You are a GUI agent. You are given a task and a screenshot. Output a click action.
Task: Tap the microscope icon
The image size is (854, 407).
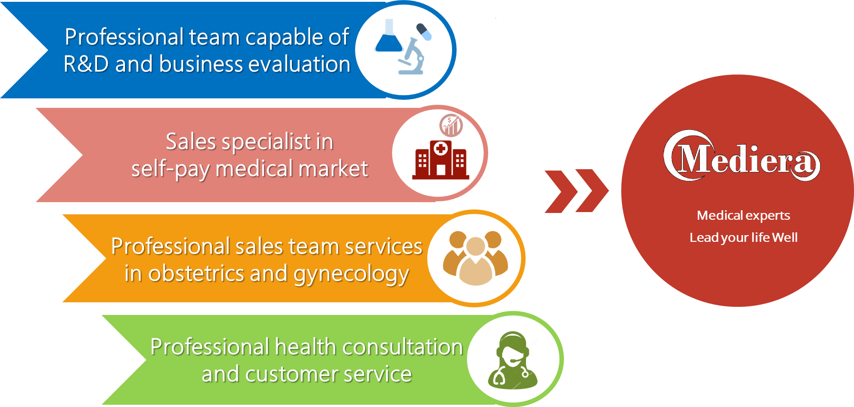(x=412, y=56)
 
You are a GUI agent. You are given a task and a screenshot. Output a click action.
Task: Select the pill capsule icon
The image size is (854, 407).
(x=424, y=32)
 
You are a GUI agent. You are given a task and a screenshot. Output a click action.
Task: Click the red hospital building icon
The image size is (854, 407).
(x=440, y=160)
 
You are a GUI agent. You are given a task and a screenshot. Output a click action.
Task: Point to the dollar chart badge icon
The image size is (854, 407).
(x=451, y=125)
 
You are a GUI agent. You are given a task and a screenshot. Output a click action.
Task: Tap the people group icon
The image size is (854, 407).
(x=475, y=258)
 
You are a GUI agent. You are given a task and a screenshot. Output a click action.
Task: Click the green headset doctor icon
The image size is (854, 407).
(x=513, y=361)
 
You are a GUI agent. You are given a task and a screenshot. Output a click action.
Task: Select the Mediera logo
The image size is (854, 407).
(x=742, y=156)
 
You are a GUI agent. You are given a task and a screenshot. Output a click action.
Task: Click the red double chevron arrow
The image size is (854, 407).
(x=577, y=191)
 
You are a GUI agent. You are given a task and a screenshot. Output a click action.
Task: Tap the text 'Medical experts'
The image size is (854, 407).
(x=743, y=216)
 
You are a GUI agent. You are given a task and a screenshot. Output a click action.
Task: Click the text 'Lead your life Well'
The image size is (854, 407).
(x=743, y=237)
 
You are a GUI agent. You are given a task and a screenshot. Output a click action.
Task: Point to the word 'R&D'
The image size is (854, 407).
(x=86, y=64)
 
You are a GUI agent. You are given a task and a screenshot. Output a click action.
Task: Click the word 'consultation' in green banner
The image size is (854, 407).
(x=402, y=347)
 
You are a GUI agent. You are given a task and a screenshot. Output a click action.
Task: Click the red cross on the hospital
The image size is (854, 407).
(x=440, y=148)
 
